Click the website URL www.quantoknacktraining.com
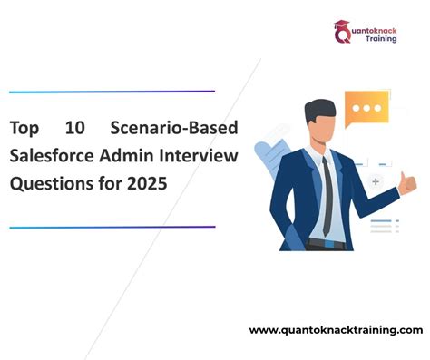coord(336,328)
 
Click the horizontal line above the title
coord(112,92)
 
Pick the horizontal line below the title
coord(112,226)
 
